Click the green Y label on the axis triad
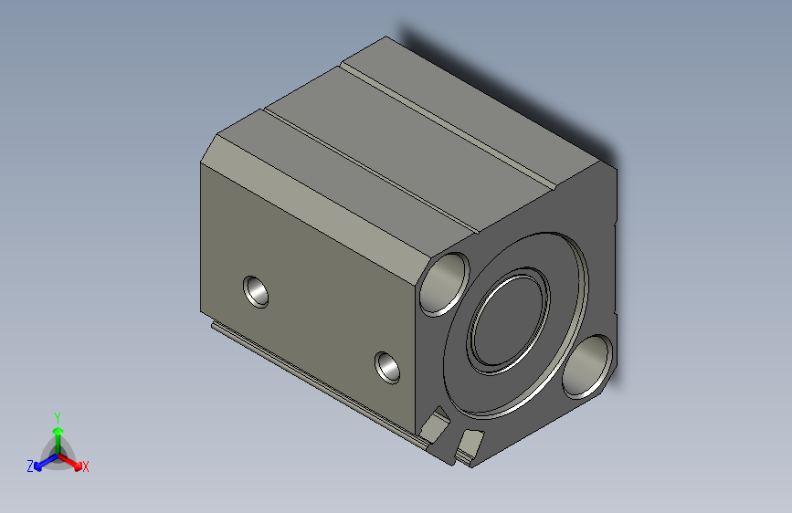click(58, 415)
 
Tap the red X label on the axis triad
click(86, 467)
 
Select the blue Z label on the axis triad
click(30, 466)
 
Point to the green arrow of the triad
click(58, 433)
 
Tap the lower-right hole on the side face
click(389, 366)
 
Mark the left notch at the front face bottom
click(438, 424)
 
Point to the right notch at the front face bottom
click(470, 443)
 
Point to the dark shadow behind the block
click(512, 91)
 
